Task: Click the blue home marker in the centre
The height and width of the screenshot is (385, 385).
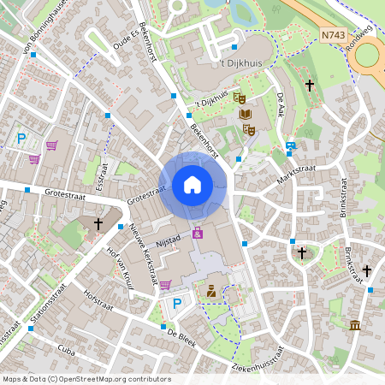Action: [x=192, y=184]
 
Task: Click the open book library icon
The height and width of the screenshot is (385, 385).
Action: [x=245, y=114]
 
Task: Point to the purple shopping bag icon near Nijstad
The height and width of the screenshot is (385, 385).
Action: [x=198, y=233]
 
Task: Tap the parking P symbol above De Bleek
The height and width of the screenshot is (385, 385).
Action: [x=177, y=303]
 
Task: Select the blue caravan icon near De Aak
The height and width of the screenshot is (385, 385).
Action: [x=291, y=146]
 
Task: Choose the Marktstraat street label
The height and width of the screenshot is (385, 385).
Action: [x=297, y=176]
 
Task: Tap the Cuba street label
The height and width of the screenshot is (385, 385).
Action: [x=67, y=349]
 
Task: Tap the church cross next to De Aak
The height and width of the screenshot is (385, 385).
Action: [x=310, y=86]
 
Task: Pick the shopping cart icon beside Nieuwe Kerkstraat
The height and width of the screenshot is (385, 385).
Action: [x=165, y=284]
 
